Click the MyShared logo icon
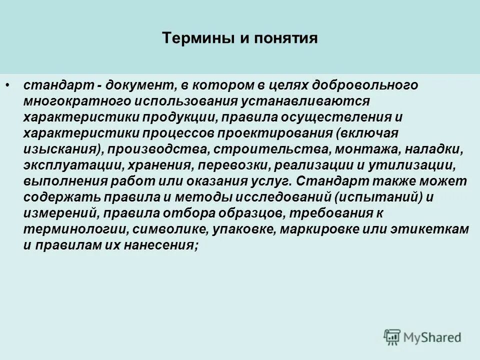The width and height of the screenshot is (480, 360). (x=392, y=336)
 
